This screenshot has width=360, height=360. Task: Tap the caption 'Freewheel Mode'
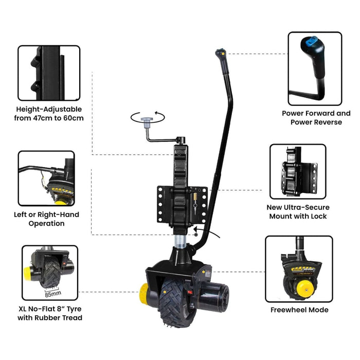pyautogui.click(x=299, y=310)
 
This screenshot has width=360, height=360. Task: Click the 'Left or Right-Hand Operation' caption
pyautogui.click(x=46, y=219)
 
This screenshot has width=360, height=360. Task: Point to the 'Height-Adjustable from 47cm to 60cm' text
pyautogui.click(x=49, y=114)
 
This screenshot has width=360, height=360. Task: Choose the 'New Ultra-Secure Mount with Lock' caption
pyautogui.click(x=297, y=212)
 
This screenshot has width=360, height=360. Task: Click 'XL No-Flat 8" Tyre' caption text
pyautogui.click(x=49, y=313)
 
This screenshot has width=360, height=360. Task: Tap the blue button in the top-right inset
pyautogui.click(x=311, y=42)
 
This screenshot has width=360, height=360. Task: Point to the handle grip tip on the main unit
pyautogui.click(x=220, y=53)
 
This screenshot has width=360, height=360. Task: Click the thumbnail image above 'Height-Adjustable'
pyautogui.click(x=49, y=73)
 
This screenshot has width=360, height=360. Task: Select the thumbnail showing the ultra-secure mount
pyautogui.click(x=298, y=171)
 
